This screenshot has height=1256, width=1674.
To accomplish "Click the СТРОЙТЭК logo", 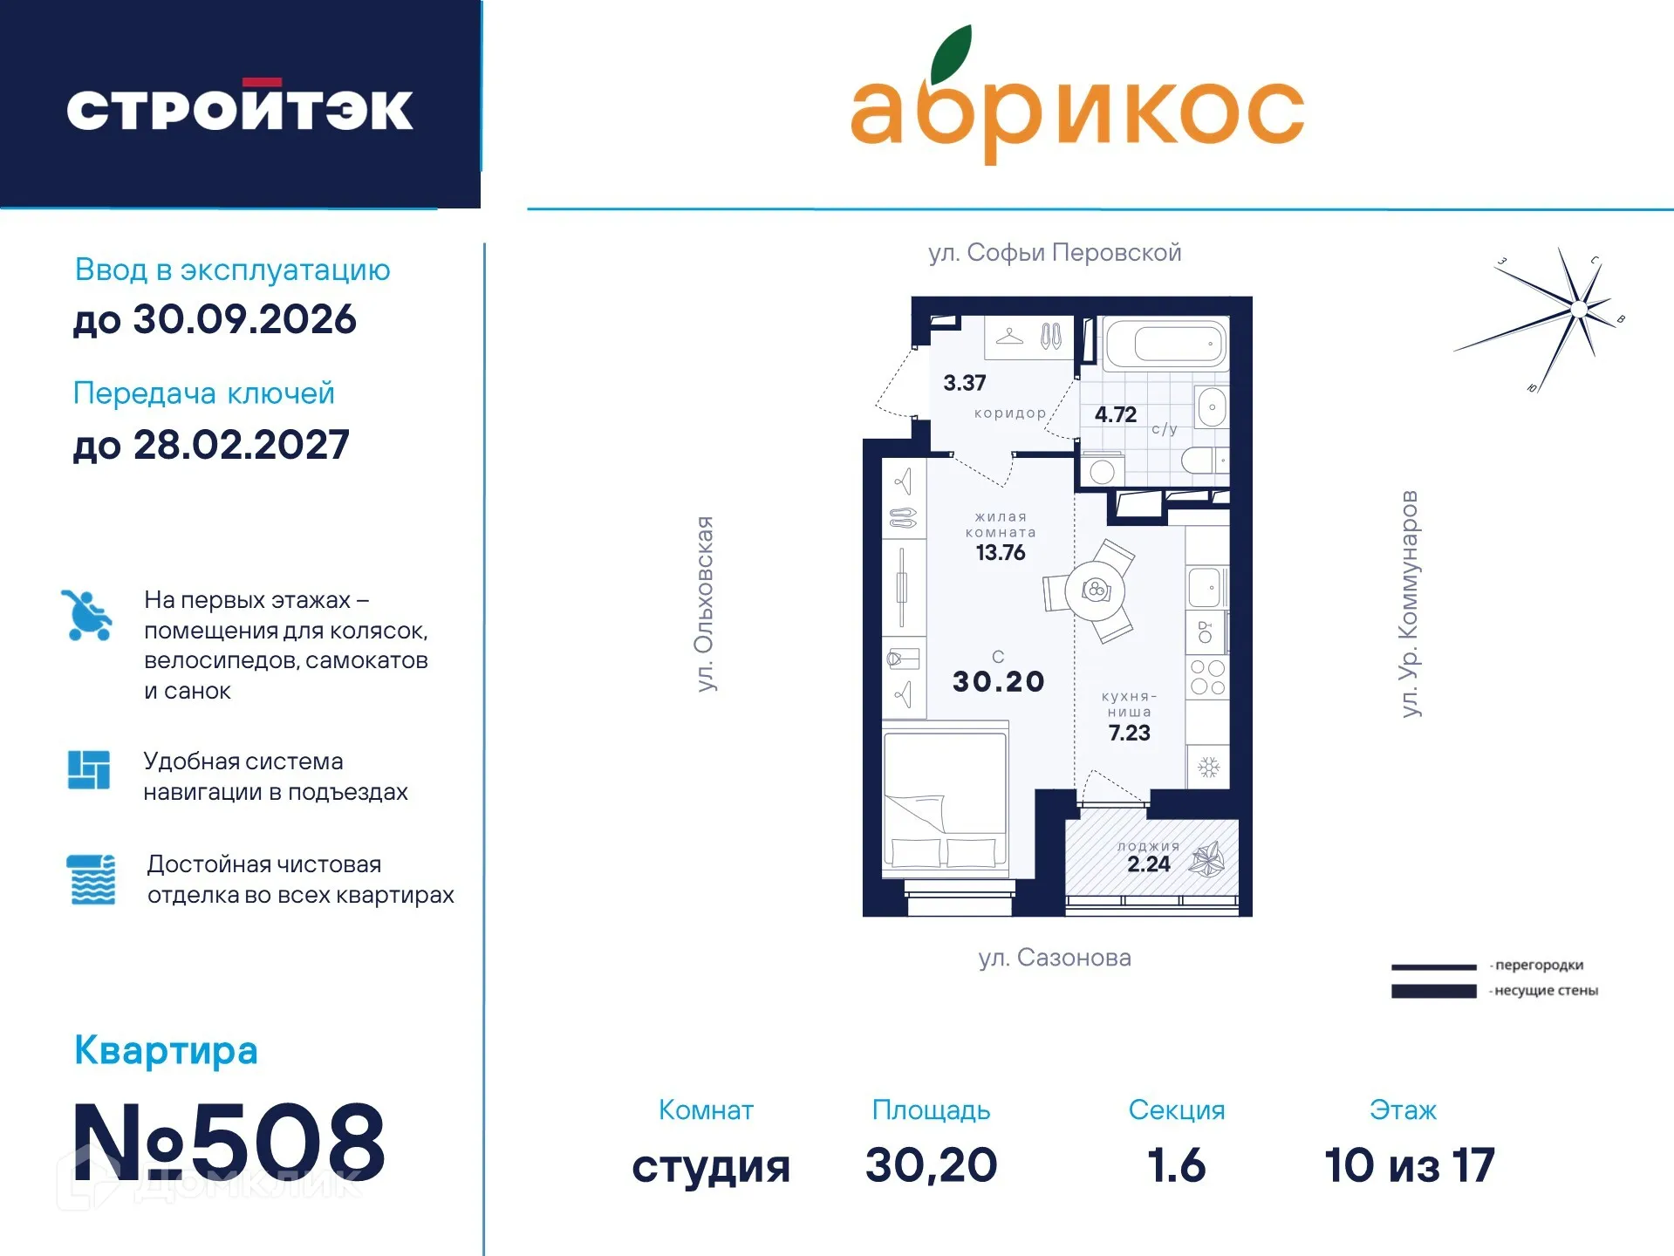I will (240, 109).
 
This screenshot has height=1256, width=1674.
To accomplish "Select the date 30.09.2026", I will (244, 319).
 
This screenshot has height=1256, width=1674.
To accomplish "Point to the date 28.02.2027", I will (241, 445).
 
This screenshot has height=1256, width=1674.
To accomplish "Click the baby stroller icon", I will (87, 616).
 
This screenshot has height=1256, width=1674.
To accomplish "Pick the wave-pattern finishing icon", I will (91, 879).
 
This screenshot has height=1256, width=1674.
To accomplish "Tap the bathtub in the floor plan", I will (1165, 344).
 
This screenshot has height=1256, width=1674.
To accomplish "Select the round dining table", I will (1095, 590).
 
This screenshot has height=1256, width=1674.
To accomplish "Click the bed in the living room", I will (945, 802).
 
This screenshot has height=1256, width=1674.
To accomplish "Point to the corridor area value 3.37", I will (964, 383).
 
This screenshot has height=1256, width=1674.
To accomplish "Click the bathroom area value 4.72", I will (1115, 415).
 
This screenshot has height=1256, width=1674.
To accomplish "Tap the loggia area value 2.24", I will (1148, 864).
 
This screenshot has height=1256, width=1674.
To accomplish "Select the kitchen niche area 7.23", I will (1129, 733).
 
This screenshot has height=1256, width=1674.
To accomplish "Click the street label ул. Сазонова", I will (1054, 958).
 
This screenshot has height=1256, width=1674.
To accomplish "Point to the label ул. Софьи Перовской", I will (1054, 253).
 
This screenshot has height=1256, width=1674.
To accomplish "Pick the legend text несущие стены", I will (1545, 991).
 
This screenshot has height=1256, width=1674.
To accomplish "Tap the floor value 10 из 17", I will (1409, 1165).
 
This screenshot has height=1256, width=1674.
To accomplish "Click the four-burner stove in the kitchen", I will (1207, 678).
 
